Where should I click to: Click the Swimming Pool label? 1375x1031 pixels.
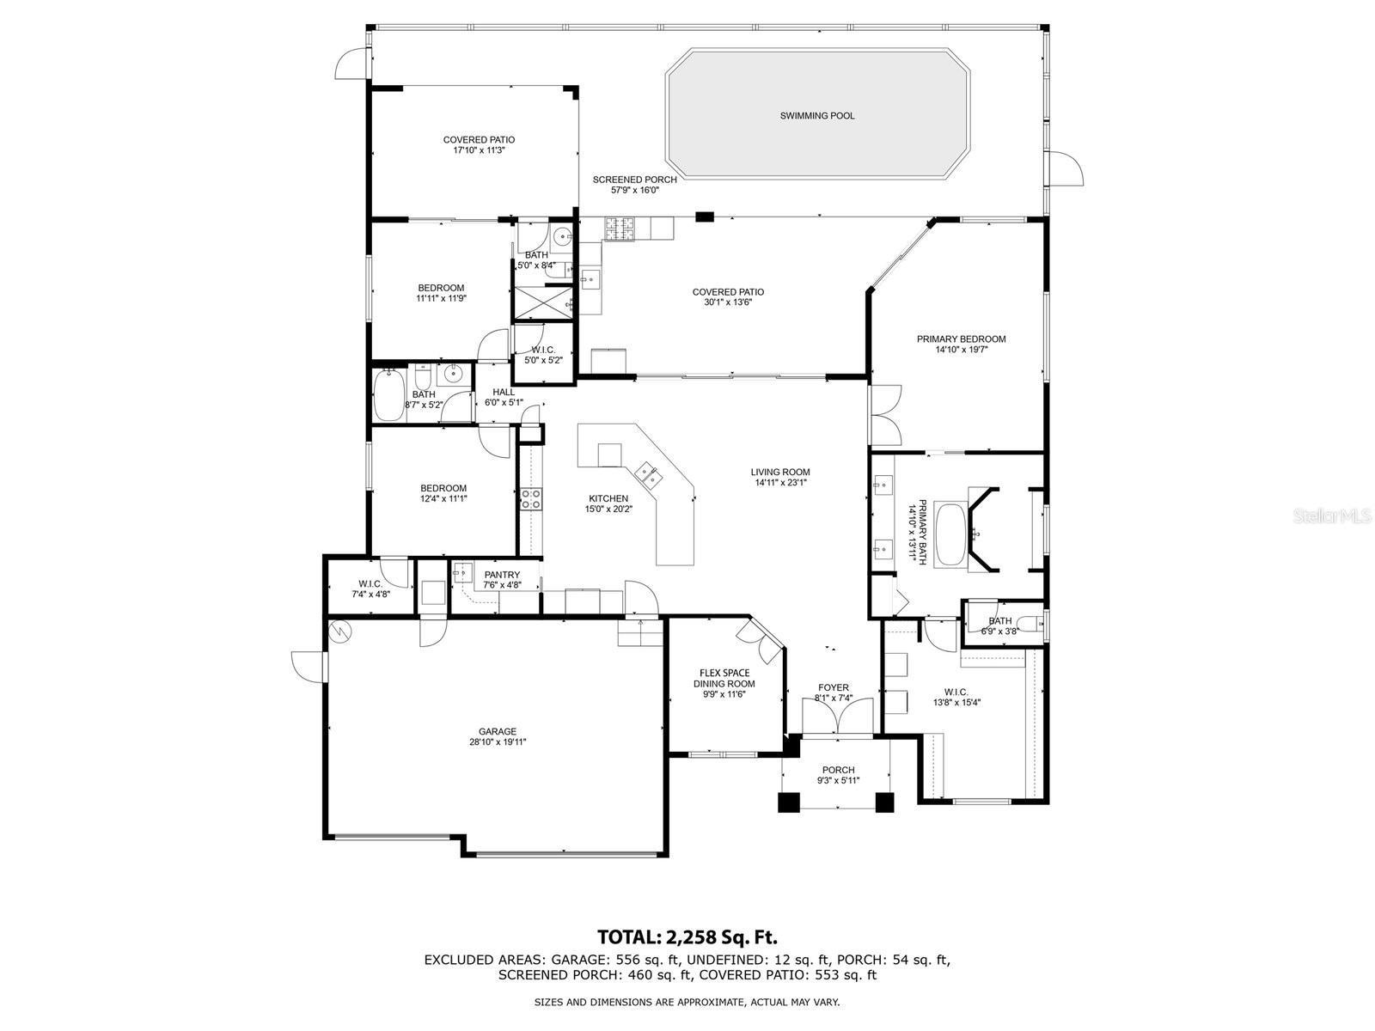point(817,116)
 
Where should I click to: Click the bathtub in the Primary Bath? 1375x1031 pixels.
point(950,534)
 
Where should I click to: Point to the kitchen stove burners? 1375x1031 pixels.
point(531,499)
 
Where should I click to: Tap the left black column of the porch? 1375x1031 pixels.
point(788,802)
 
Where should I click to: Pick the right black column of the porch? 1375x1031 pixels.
point(884,802)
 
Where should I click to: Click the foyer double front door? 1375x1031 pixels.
point(838,717)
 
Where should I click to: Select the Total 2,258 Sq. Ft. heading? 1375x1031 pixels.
point(687,936)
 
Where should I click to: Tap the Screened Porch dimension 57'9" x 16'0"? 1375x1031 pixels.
point(635,191)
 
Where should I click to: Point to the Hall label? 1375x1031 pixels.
point(504,392)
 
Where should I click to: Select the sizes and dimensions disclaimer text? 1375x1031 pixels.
point(687,1002)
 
